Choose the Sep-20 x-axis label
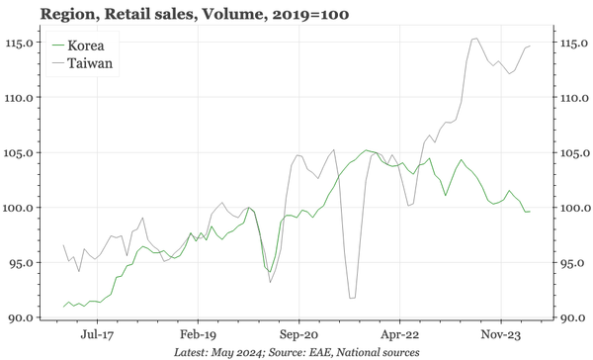pos(296,335)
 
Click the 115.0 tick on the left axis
pos(20,44)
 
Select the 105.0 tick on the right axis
pos(572,153)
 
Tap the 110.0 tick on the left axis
pos(20,98)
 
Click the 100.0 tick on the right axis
pos(572,208)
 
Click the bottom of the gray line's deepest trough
pos(352,297)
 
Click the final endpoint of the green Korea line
pos(530,212)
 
